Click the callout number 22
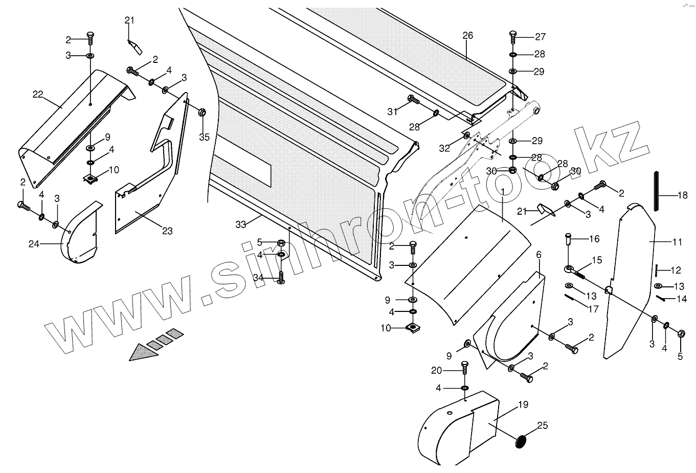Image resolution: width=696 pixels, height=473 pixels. [38, 94]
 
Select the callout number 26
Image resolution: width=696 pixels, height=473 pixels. [467, 36]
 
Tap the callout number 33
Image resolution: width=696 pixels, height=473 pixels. [241, 224]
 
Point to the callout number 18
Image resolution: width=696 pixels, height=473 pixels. [683, 195]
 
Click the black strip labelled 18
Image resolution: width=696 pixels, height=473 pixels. [656, 192]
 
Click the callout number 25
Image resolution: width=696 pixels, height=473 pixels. [542, 425]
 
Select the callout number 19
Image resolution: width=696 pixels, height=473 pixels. [522, 404]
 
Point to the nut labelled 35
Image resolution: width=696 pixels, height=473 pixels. [201, 112]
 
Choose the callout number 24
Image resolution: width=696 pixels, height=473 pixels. [34, 244]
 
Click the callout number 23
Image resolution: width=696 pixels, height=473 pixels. [167, 231]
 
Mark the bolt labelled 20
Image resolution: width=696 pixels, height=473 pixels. [464, 368]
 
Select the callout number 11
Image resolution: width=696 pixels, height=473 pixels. [677, 242]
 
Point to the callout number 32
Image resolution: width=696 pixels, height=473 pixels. [444, 148]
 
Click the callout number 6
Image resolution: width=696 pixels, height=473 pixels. [538, 254]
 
